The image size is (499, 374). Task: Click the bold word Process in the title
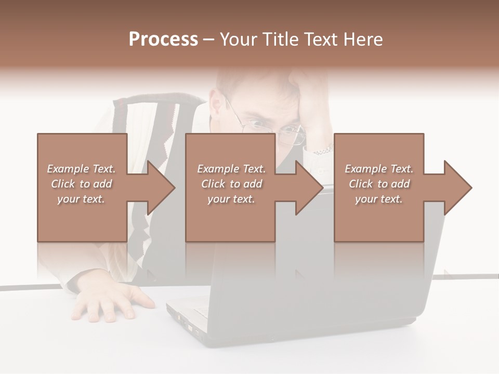click(163, 39)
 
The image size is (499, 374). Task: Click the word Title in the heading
click(277, 39)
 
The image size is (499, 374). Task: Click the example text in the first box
click(82, 184)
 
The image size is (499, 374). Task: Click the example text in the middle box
click(231, 184)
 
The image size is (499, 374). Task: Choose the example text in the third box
click(379, 184)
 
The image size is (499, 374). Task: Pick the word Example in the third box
click(365, 169)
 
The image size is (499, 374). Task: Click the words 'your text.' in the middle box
click(231, 199)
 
